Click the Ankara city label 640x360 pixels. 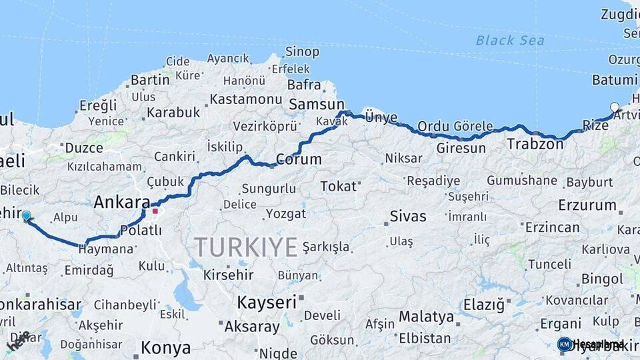122,202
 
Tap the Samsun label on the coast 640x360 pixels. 317,105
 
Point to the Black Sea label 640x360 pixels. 509,40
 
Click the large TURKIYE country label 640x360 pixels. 246,247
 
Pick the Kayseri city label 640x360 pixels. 267,302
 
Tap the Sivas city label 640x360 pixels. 407,216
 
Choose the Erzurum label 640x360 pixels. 587,205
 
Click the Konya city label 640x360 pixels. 166,348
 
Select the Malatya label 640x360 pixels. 426,316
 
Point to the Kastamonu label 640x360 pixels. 245,99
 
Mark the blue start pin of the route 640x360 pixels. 26,216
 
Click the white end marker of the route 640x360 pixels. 615,107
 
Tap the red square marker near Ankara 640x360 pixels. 155,211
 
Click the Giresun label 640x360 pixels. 461,148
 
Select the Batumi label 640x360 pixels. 614,80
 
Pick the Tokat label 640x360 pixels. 338,186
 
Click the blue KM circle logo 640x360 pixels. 565,344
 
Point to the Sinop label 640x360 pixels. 302,51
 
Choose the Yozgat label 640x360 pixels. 285,214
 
